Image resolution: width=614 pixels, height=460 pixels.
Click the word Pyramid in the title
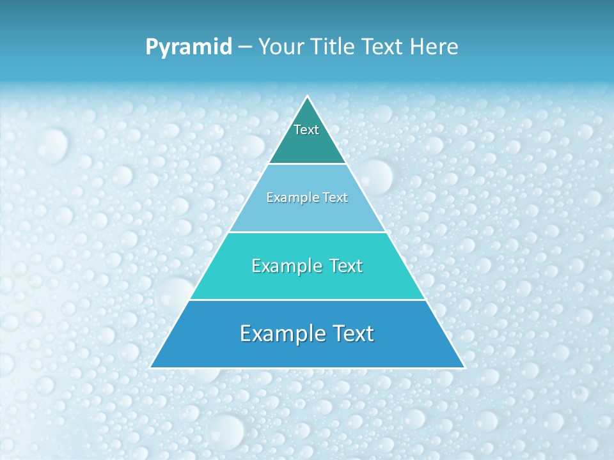[189, 47]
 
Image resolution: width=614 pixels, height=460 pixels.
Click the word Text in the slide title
[382, 47]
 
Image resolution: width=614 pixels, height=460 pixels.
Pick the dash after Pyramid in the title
[245, 47]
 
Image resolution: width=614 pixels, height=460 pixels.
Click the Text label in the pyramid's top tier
[306, 130]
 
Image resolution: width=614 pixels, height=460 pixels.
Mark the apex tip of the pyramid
[308, 96]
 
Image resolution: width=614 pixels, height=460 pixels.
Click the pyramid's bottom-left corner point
[150, 368]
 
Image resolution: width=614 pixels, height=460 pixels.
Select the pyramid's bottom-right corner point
[465, 368]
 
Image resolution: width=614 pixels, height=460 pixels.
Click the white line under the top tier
[307, 164]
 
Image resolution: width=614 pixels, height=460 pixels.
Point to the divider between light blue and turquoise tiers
[307, 232]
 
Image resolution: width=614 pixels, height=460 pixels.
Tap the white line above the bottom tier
[307, 300]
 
